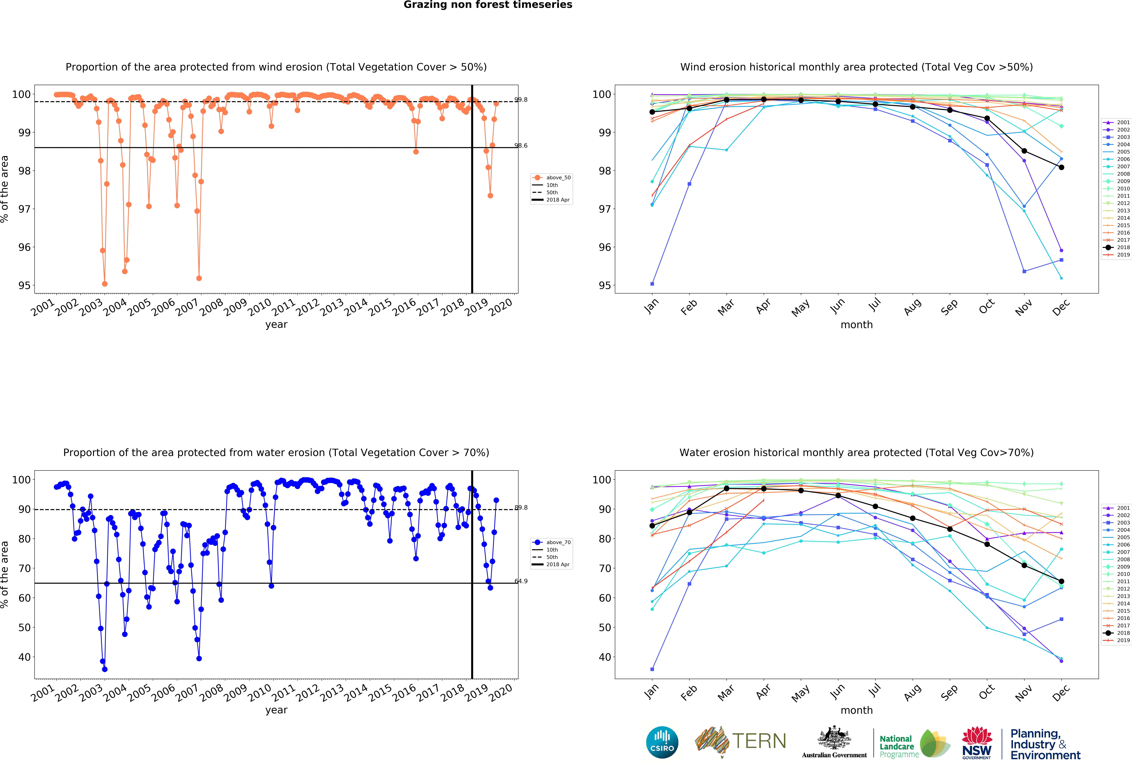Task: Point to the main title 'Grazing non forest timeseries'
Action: tap(488, 5)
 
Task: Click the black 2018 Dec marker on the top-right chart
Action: tap(1061, 167)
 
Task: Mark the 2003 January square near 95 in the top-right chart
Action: tap(652, 284)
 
